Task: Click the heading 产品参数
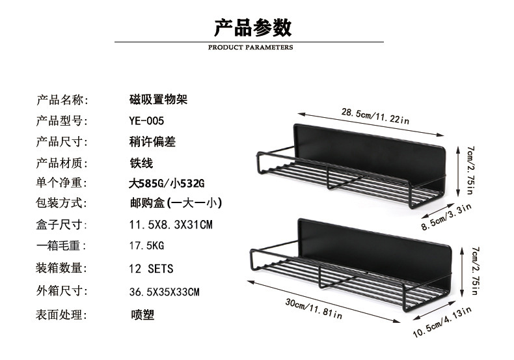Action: (253, 27)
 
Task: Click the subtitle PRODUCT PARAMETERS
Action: (250, 48)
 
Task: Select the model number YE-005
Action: (147, 120)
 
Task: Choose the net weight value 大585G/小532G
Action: (167, 183)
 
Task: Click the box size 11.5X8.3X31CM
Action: (171, 225)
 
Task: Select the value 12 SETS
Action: (152, 268)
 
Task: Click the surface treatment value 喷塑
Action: (142, 316)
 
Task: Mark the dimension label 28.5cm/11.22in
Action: (375, 117)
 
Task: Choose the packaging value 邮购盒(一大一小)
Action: (176, 204)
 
